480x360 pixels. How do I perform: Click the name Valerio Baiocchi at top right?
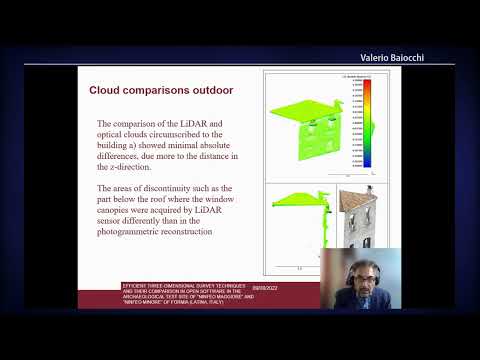point(405,58)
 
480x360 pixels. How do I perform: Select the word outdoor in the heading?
point(212,90)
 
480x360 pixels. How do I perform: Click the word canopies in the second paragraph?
point(121,211)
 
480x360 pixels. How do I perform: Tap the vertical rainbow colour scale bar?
point(368,123)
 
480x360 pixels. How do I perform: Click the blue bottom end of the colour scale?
point(368,162)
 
